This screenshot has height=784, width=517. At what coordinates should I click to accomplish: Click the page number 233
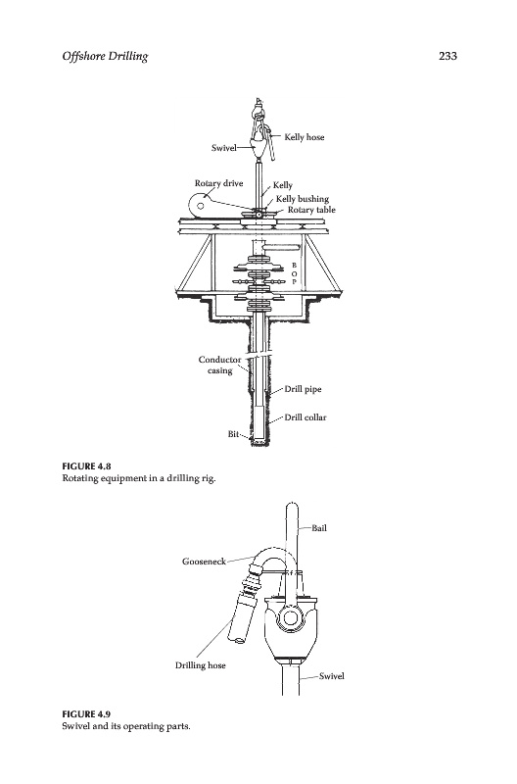tap(447, 56)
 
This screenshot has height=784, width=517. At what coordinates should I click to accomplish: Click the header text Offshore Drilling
tap(105, 57)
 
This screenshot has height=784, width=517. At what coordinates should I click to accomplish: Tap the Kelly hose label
tap(305, 137)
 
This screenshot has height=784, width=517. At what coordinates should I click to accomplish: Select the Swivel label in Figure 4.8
tap(224, 148)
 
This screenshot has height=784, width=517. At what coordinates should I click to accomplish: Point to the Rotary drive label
tap(218, 183)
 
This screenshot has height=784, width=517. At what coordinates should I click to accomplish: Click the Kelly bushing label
tap(303, 199)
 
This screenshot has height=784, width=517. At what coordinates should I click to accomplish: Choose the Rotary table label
tap(311, 210)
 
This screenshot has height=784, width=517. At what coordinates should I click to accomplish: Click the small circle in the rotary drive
tap(201, 206)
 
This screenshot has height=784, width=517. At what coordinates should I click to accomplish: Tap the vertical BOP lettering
tap(294, 273)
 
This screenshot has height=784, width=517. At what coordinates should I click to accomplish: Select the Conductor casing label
tap(219, 365)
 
